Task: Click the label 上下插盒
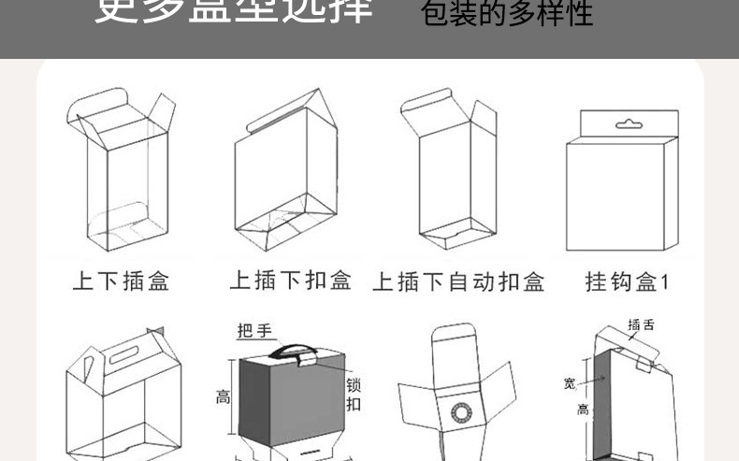pos(121,281)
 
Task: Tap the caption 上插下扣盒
pos(291,281)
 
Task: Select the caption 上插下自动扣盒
pos(458,281)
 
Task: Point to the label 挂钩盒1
pos(628,281)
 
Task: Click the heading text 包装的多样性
pos(507,15)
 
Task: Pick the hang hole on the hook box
pos(622,122)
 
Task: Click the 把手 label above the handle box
pos(254,331)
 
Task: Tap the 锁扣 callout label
pos(354,395)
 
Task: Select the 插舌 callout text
pos(641,325)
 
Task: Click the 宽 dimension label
pos(569,382)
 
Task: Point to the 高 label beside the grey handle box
pos(223,396)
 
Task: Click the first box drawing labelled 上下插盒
pos(122,173)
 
